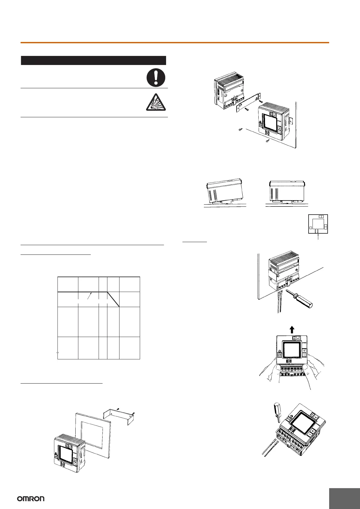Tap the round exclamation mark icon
[156, 77]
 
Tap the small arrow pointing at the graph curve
[89, 296]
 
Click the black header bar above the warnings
[93, 60]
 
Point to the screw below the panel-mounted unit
[267, 141]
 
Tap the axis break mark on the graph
[57, 352]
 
